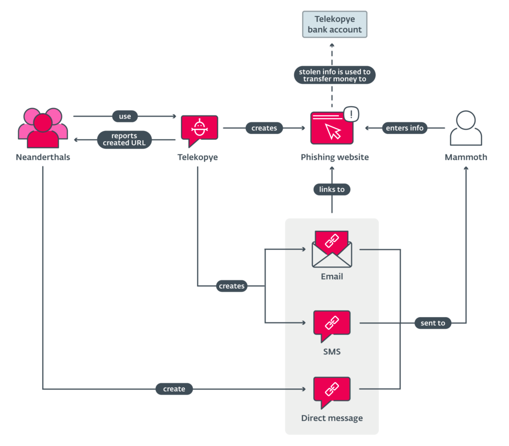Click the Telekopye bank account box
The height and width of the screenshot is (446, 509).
tap(335, 24)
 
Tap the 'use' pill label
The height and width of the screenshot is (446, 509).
tap(125, 116)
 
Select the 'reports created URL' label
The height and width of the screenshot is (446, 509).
tap(124, 139)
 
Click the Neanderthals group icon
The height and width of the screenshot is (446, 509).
tap(43, 128)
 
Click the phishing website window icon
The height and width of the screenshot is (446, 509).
tap(332, 128)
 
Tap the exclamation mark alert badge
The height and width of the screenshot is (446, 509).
tap(351, 114)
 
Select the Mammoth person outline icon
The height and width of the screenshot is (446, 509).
tap(466, 128)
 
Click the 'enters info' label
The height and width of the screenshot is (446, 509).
tap(405, 128)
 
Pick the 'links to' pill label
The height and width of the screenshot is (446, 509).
tap(332, 190)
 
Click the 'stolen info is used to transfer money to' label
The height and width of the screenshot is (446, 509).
tap(335, 75)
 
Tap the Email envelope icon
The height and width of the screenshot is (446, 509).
tap(332, 249)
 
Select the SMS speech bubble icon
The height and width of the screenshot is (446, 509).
tap(332, 326)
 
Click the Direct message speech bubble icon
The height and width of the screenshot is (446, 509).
tap(332, 392)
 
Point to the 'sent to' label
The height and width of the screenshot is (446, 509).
tap(433, 323)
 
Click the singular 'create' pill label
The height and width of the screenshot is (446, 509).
tap(174, 389)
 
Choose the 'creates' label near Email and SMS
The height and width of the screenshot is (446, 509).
tap(232, 286)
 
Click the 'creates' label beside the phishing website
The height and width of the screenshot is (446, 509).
tap(264, 128)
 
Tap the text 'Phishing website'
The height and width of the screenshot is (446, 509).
tap(335, 157)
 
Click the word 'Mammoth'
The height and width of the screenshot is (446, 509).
tap(466, 157)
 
